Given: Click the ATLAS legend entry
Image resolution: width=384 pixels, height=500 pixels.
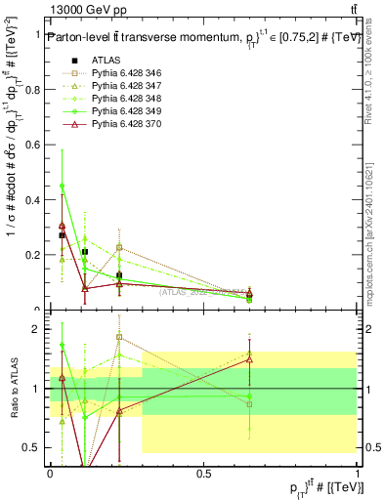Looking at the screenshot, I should [x=106, y=62].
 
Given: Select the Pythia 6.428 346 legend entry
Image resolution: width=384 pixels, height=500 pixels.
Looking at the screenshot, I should [x=124, y=74].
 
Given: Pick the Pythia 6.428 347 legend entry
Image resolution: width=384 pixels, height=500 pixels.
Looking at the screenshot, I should [x=124, y=87].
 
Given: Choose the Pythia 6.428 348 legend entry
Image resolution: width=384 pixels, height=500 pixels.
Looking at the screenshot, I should [x=124, y=100].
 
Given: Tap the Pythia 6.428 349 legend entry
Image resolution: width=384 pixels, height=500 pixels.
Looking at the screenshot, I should [x=124, y=112].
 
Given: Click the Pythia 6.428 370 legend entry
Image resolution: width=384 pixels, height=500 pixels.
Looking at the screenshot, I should [x=124, y=125].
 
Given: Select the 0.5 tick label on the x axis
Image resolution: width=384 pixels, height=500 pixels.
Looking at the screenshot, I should [x=203, y=472].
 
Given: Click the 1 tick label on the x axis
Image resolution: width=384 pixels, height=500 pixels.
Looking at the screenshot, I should [x=356, y=472].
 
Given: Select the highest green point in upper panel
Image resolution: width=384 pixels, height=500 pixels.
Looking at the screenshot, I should [x=63, y=185].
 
